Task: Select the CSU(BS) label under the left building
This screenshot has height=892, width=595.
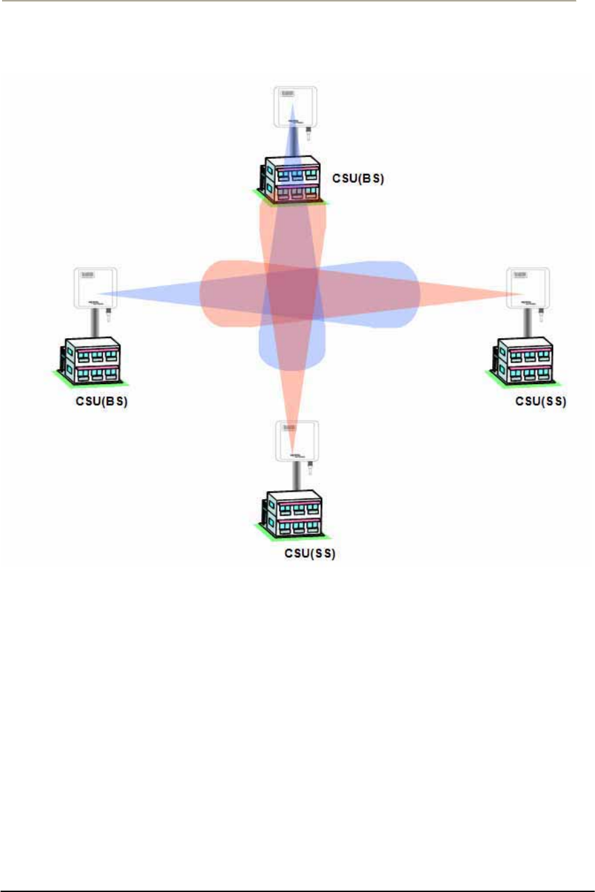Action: (102, 400)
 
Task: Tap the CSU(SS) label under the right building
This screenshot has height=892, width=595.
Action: (540, 400)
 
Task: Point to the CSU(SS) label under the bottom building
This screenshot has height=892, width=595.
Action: (310, 553)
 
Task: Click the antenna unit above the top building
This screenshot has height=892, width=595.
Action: (296, 107)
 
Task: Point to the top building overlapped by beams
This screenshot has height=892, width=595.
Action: (292, 179)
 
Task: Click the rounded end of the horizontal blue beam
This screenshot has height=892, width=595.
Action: (409, 295)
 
